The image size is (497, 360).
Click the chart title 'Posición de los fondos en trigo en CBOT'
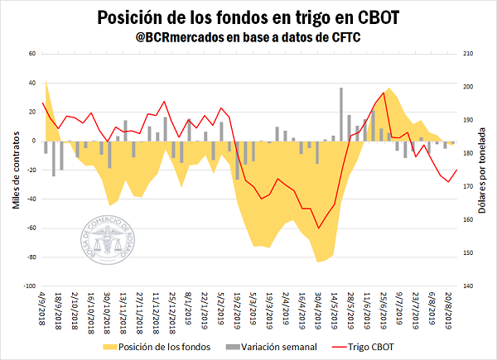click(x=248, y=17)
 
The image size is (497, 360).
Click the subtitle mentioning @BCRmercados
click(x=248, y=37)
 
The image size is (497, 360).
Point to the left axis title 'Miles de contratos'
click(x=17, y=170)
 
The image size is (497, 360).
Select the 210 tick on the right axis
click(x=470, y=54)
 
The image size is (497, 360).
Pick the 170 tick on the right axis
click(x=470, y=187)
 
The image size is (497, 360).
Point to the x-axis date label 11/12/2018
click(x=155, y=311)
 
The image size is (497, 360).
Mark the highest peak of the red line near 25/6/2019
click(x=383, y=93)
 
